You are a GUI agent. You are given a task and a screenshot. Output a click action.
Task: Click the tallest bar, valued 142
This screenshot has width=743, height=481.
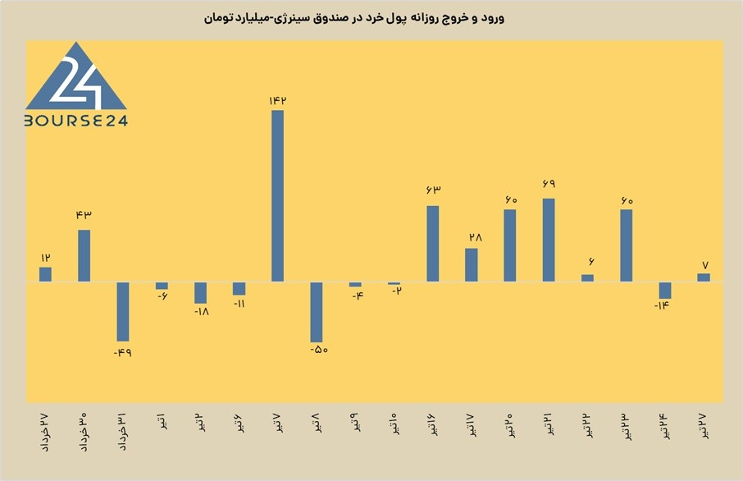click(x=278, y=196)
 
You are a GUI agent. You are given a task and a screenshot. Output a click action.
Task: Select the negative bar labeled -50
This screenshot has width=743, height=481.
click(x=317, y=312)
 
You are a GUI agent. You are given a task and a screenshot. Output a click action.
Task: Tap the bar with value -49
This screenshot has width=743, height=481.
click(x=123, y=312)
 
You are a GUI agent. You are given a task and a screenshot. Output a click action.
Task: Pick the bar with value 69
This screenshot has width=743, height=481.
click(x=549, y=240)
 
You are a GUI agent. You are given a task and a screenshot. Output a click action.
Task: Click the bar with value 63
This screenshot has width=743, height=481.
click(x=433, y=244)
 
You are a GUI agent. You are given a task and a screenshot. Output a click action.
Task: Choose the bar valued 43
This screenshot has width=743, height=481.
click(x=84, y=255)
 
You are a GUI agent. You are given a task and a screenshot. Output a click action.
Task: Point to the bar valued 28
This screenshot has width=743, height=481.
click(x=472, y=265)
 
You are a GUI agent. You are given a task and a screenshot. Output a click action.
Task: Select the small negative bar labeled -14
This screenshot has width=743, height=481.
click(x=665, y=291)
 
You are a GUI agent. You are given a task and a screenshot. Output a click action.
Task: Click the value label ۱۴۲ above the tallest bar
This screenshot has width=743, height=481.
click(x=278, y=101)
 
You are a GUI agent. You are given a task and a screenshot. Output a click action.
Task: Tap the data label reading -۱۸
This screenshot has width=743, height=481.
click(x=202, y=312)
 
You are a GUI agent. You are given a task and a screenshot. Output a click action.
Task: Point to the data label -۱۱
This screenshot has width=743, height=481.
click(x=239, y=304)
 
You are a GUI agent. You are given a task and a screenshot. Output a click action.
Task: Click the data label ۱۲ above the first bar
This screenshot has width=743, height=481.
click(x=45, y=258)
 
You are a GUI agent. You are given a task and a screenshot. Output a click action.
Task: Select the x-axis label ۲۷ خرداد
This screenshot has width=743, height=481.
click(x=44, y=432)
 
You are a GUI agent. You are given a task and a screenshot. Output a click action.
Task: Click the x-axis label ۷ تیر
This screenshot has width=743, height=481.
click(x=278, y=423)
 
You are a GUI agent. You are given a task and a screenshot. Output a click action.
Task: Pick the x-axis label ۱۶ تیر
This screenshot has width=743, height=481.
click(x=433, y=424)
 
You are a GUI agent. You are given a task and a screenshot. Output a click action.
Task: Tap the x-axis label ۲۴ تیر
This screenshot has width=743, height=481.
click(x=665, y=425)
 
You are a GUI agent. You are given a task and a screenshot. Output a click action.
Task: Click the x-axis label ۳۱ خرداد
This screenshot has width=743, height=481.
click(x=122, y=432)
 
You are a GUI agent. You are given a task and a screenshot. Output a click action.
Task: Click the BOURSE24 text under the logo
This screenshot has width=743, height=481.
click(x=76, y=121)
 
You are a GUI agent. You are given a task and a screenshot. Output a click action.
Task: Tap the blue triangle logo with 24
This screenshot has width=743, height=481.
click(x=75, y=78)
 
